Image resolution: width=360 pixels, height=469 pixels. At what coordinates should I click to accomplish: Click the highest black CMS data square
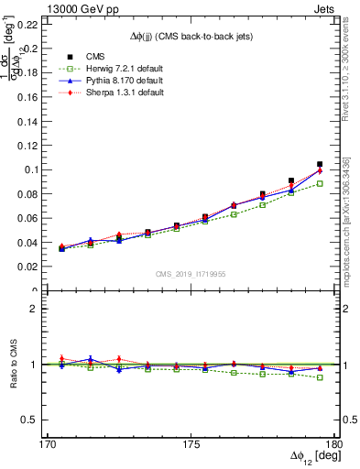click(x=320, y=165)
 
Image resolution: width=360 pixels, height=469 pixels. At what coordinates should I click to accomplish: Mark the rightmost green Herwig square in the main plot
click(x=320, y=183)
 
